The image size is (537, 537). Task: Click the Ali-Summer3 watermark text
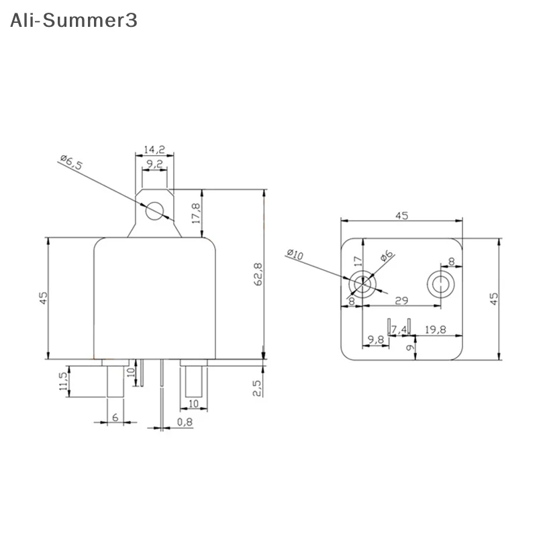click(74, 20)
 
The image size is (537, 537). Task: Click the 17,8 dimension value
click(196, 215)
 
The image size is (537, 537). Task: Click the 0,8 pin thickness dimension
click(185, 422)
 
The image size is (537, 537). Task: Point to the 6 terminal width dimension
click(115, 418)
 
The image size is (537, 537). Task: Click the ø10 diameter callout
click(295, 255)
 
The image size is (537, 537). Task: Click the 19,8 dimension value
click(440, 329)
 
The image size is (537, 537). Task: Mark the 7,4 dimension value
click(399, 329)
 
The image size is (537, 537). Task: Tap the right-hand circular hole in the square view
click(442, 285)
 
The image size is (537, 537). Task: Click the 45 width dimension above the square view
click(401, 215)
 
